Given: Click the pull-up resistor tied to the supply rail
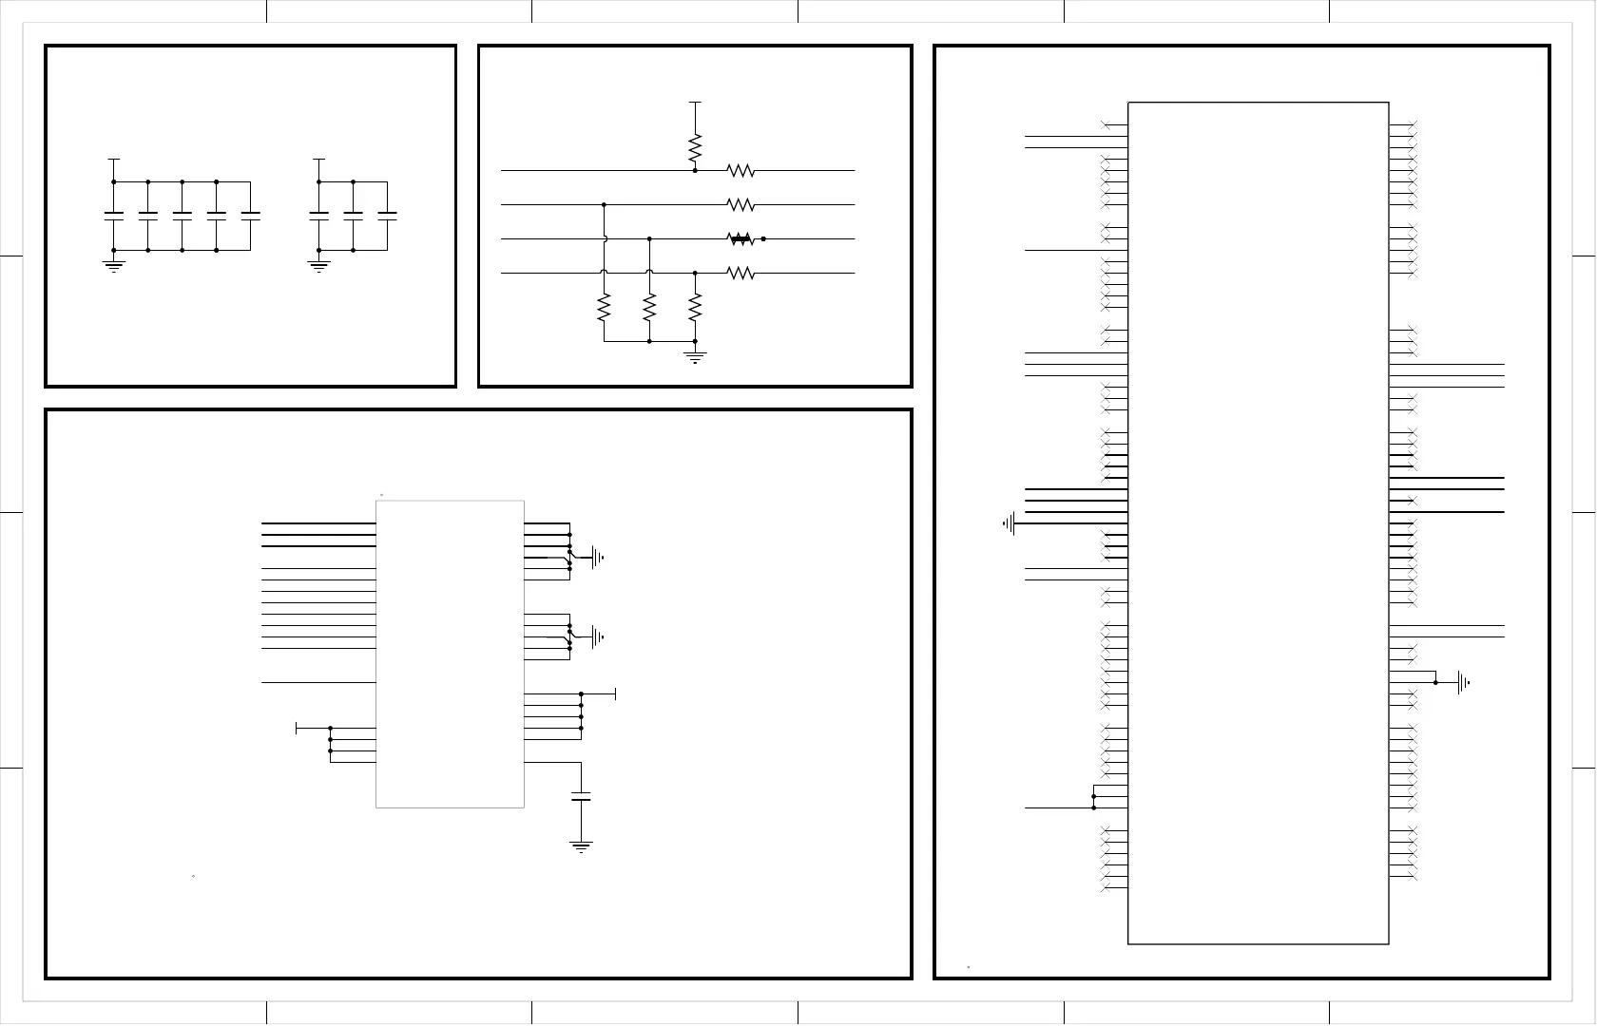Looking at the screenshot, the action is tap(695, 148).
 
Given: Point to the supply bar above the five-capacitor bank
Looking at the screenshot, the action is tap(114, 160).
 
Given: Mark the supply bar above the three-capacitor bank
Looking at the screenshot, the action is tap(319, 160).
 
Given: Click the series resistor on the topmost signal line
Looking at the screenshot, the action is tap(741, 171).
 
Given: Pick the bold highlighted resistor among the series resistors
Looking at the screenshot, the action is tap(741, 239).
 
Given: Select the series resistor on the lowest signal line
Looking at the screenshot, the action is tap(741, 274).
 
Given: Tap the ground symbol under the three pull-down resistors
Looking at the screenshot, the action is tap(695, 357).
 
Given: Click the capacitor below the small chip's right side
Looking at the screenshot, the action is tap(581, 796).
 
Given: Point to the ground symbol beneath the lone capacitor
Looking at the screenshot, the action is tap(581, 845).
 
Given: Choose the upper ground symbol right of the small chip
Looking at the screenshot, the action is tap(598, 558).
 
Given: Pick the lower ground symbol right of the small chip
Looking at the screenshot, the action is tap(598, 636).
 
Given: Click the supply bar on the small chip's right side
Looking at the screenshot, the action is tap(616, 694).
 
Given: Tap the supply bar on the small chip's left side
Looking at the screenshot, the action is tap(298, 728).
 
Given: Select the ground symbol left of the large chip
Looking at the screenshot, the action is tap(1010, 522).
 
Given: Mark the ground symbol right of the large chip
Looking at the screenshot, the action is tap(1464, 682).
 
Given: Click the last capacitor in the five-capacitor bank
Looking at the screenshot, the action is tap(251, 216).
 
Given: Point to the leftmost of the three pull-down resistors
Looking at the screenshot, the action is tap(604, 307).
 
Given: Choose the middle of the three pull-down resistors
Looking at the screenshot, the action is tap(649, 307).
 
